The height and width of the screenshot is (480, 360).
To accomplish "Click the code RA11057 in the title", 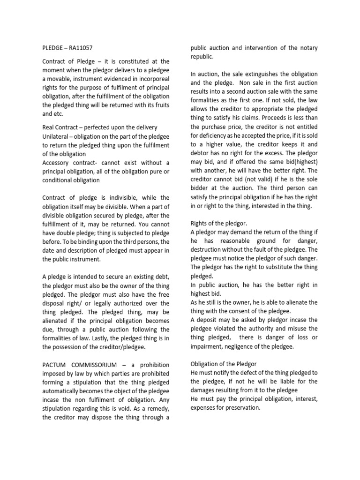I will coord(85,47).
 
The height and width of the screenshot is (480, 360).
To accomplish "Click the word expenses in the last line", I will coord(206,408).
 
